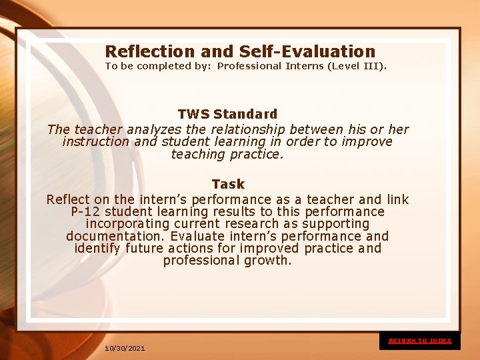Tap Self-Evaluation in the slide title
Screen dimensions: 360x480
tap(307, 51)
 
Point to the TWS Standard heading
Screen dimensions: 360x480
tap(227, 114)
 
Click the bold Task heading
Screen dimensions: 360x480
tap(228, 184)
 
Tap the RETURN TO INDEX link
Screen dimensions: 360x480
tap(420, 341)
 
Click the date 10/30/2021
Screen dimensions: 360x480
tap(125, 348)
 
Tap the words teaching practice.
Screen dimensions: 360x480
tap(227, 155)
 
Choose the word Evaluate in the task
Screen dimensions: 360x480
tap(197, 237)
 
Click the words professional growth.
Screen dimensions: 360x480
tap(227, 261)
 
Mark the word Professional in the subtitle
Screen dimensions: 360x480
tap(249, 66)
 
